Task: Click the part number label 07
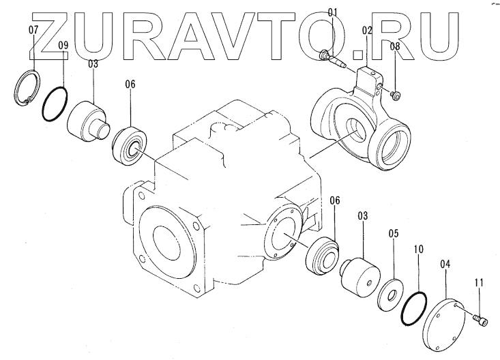tap(33, 31)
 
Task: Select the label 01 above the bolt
tap(332, 12)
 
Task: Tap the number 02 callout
tap(367, 31)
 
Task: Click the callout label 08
tap(395, 46)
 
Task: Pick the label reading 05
tap(393, 233)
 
